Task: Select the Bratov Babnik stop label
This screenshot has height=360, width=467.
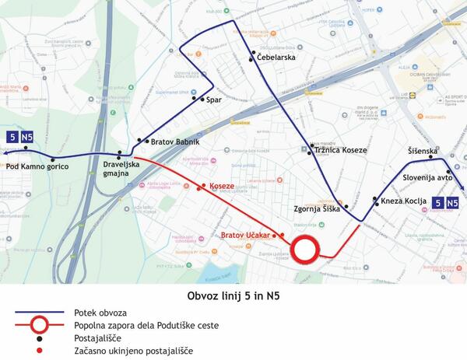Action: pos(175,142)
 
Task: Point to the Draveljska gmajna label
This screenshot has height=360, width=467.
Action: pos(121,168)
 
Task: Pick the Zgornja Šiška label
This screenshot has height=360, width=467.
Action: pos(314,208)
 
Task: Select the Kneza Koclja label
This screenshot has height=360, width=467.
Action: pos(404,201)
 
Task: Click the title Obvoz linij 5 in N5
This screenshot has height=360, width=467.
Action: pos(233,295)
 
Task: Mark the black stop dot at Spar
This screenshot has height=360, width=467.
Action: pos(203,100)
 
